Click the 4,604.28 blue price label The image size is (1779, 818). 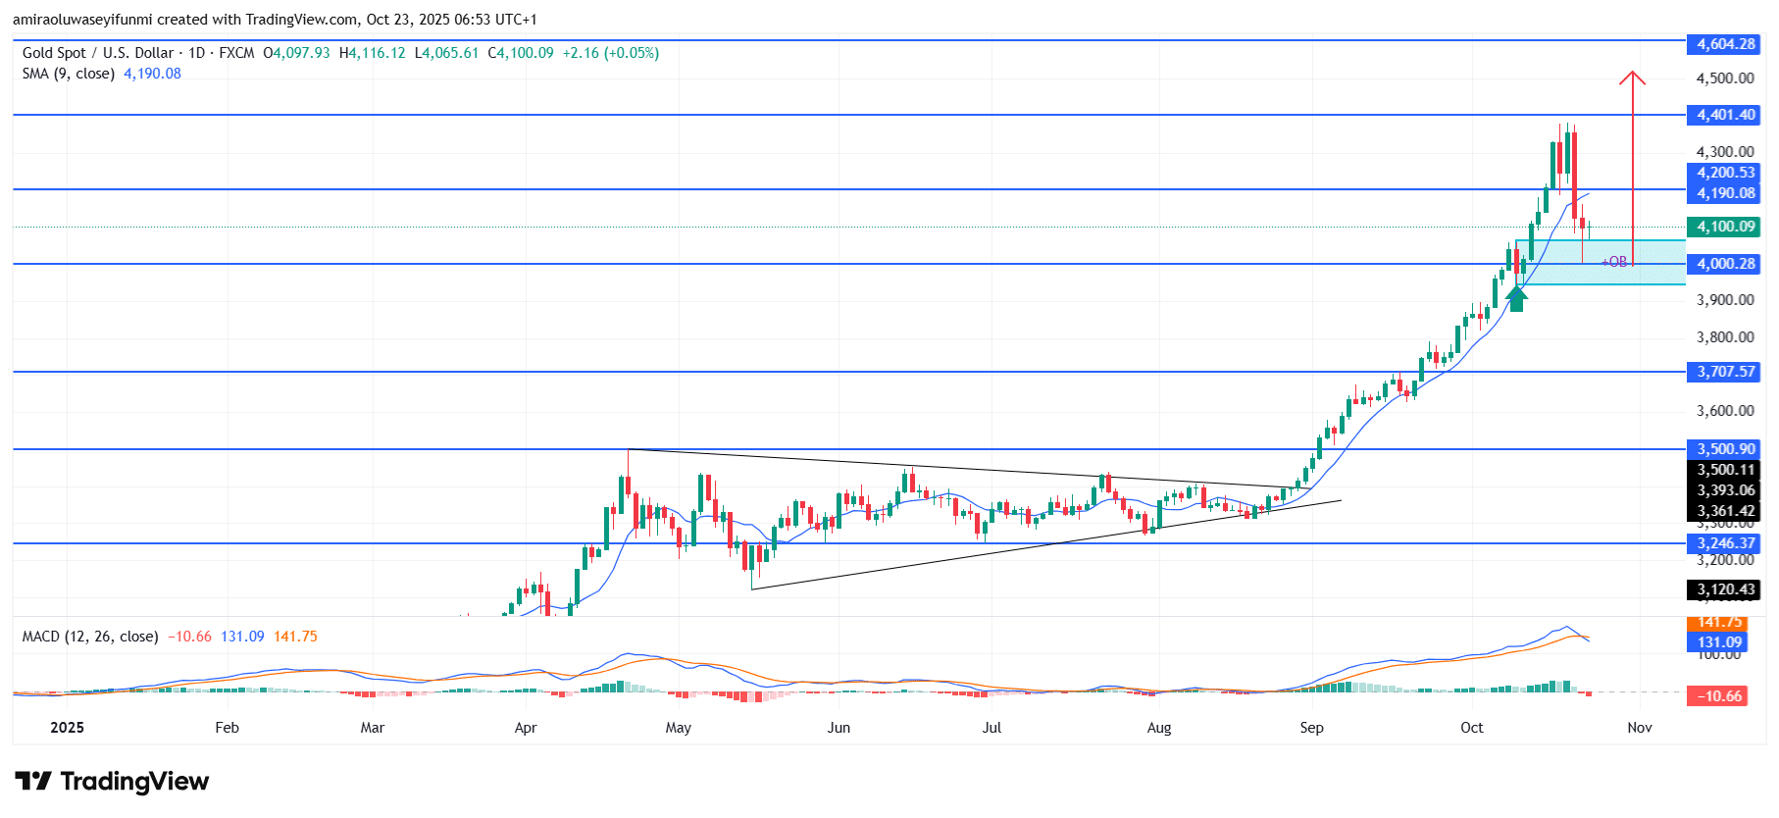pos(1725,44)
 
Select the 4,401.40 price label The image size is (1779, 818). pos(1725,115)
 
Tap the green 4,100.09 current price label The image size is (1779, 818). pos(1725,227)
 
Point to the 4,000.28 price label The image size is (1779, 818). pos(1725,264)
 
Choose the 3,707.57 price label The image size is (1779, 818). pos(1725,372)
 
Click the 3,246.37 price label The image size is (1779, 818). pos(1725,543)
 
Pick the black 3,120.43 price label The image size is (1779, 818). pos(1725,589)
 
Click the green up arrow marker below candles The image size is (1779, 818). pos(1516,298)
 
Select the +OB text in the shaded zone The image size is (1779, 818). pos(1614,262)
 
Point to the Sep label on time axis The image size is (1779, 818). pos(1311,728)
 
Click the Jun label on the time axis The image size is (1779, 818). pos(839,728)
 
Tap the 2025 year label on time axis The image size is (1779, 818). pos(67,728)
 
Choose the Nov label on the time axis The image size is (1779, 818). pos(1639,728)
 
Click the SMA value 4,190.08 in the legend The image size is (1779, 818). pos(152,74)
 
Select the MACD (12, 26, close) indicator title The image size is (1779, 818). pos(90,637)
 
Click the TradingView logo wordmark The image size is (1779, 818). pos(113,782)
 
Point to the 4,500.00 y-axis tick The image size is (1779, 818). pos(1725,78)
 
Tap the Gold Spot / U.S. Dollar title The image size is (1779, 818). pos(98,53)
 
